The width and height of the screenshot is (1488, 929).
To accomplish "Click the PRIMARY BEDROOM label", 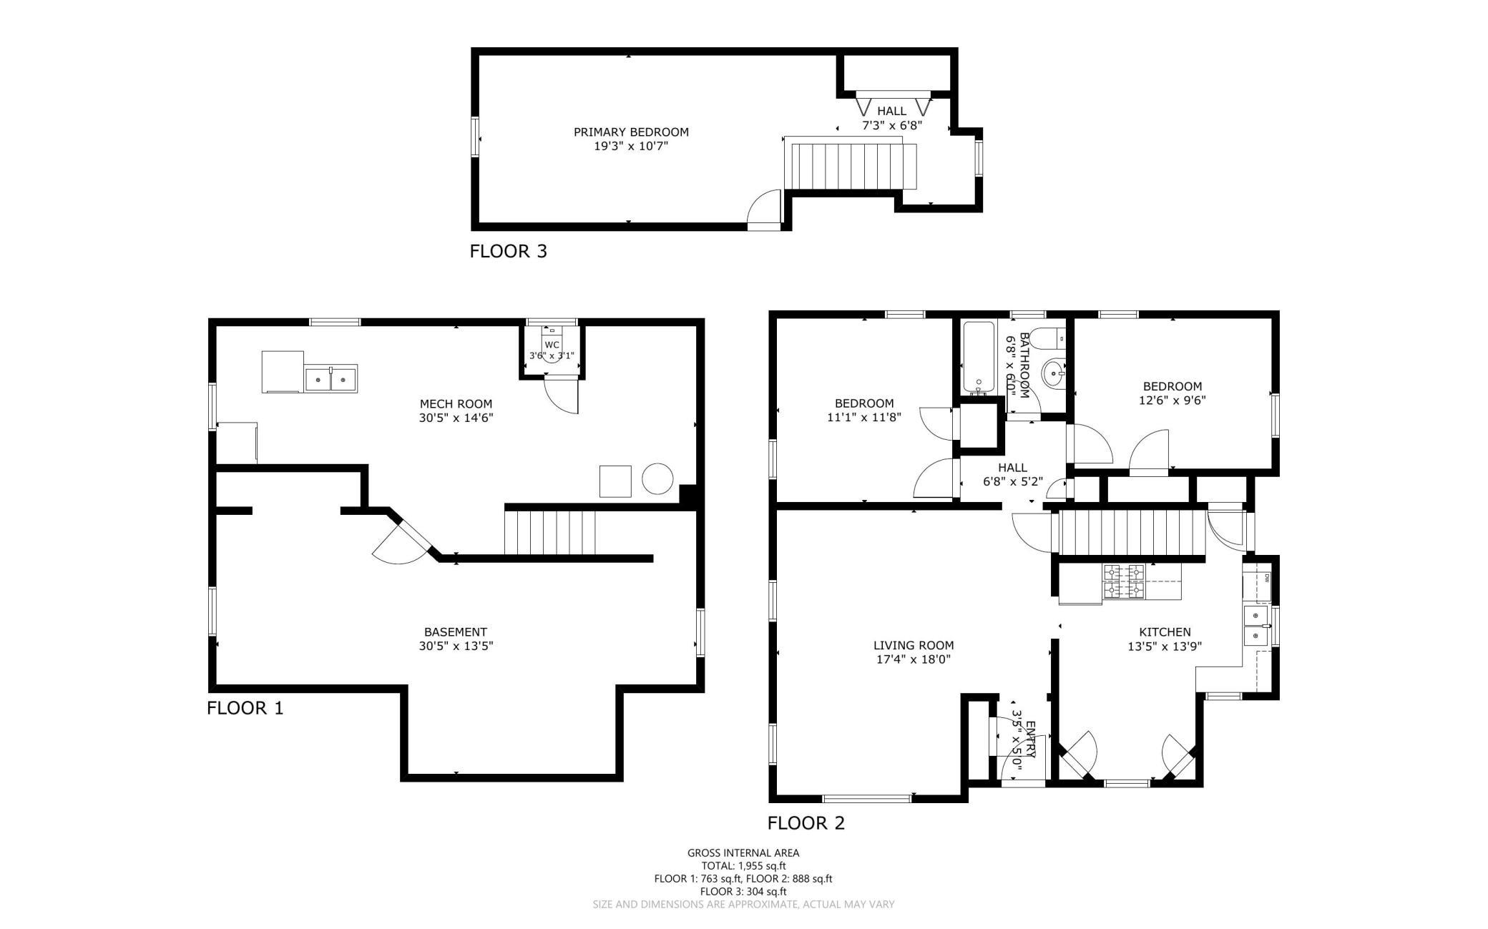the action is (x=631, y=132).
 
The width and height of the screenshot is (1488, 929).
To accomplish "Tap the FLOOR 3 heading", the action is (x=508, y=252).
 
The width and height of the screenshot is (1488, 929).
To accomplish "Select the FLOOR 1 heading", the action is (x=245, y=709).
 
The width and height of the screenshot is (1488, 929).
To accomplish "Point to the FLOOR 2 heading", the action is (x=806, y=823).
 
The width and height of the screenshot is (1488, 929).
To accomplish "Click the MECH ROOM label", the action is (x=456, y=404).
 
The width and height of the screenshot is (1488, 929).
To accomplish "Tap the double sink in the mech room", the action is (x=331, y=378).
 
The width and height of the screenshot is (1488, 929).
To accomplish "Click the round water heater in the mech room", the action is (x=657, y=478).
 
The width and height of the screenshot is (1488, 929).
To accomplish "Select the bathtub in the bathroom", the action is (x=978, y=358).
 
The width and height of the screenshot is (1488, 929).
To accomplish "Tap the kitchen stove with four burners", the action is (x=1123, y=581).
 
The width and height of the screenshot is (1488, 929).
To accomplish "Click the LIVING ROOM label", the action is (x=914, y=646).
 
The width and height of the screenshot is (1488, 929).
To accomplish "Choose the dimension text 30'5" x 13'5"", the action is (x=456, y=646).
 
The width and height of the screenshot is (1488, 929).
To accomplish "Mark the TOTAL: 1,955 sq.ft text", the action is (x=743, y=866).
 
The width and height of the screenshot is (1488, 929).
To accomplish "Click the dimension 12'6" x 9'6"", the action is (x=1172, y=400).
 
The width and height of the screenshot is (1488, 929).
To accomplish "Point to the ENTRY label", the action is (x=1031, y=739).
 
